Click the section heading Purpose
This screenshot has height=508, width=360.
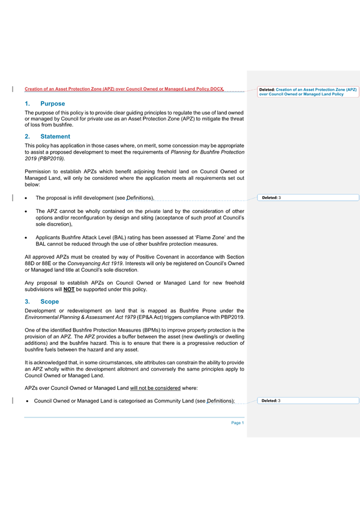(53, 104)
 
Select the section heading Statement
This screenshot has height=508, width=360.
(56, 136)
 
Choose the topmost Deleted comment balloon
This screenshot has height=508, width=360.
(308, 92)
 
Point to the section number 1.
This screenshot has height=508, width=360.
(27, 104)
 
